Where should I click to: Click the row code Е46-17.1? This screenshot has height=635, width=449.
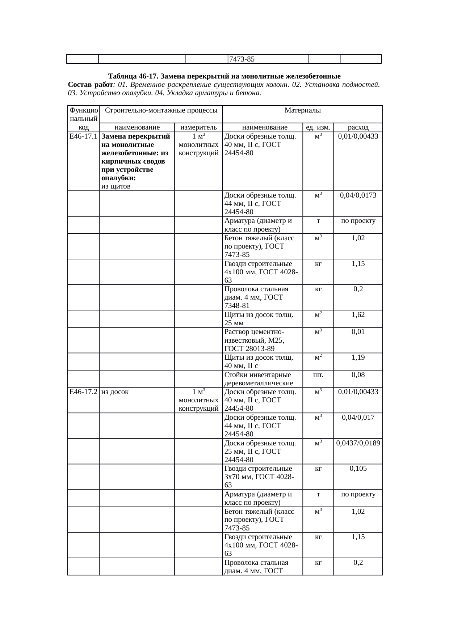(x=83, y=137)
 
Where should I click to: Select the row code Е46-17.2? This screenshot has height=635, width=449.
(x=83, y=392)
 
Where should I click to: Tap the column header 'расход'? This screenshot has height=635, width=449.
(x=358, y=127)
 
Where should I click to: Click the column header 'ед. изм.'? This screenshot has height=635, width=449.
(x=318, y=127)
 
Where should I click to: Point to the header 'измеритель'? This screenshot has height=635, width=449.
(x=198, y=127)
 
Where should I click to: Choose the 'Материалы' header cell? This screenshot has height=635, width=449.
(x=302, y=110)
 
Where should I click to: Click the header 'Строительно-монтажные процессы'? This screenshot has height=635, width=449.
(x=161, y=110)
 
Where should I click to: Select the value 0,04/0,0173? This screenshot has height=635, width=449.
(x=358, y=195)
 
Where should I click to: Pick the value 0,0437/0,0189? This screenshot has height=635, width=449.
(x=358, y=443)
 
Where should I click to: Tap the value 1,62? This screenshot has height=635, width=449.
(x=358, y=315)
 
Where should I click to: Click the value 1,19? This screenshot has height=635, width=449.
(x=358, y=357)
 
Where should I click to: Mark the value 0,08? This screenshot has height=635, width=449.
(x=358, y=375)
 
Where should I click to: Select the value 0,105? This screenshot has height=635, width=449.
(x=358, y=469)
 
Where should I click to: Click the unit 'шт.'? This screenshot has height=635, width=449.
(x=318, y=375)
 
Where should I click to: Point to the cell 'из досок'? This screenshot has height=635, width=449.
(x=115, y=392)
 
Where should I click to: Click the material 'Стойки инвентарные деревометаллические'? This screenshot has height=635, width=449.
(x=259, y=379)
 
